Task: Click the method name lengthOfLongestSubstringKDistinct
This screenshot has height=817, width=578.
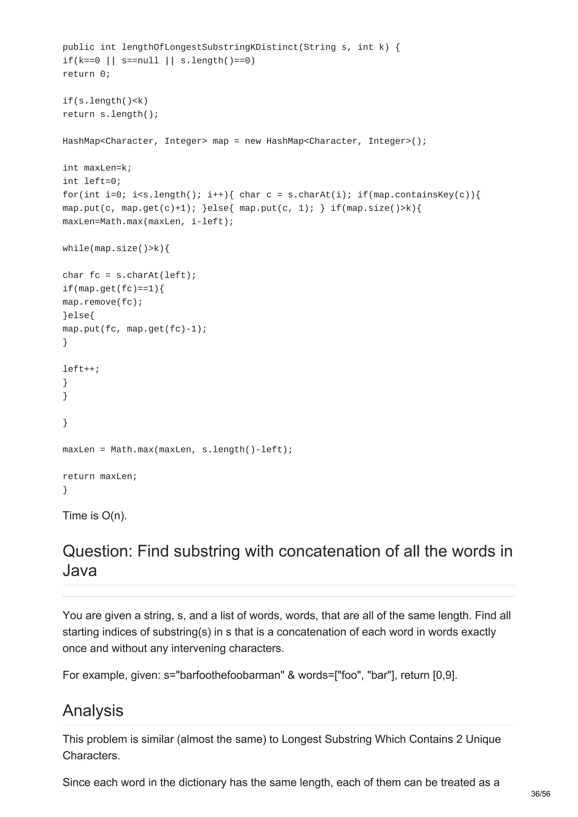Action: pos(209,47)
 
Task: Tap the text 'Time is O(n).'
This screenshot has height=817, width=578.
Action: pos(95,516)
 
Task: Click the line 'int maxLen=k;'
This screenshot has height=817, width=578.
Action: pos(97,168)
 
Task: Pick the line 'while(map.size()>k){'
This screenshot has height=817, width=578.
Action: pos(116,248)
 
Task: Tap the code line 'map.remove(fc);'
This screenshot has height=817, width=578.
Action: pos(102,302)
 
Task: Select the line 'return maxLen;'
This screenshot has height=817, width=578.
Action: pos(100,476)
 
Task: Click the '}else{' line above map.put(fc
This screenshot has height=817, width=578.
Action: pos(79,315)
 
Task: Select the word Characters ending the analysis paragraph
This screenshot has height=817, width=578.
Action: pos(91,756)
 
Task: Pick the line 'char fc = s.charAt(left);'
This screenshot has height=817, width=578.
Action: pos(129,275)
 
